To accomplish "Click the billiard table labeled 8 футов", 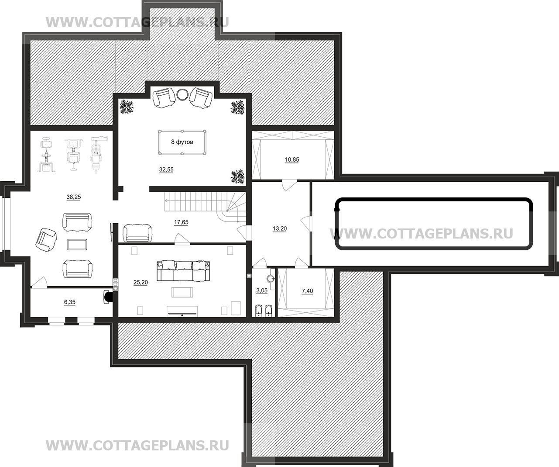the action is tap(182, 142).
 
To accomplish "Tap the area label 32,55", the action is tap(166, 170).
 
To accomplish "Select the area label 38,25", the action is tap(74, 197).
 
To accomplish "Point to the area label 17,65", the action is tap(181, 222).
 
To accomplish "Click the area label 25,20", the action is tap(141, 282).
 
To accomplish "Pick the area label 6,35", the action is tap(70, 302).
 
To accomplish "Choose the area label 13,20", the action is tap(280, 228).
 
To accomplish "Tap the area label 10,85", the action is tap(292, 160).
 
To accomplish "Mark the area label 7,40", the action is tap(307, 291).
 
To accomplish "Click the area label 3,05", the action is tap(262, 291).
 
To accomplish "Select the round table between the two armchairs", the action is tap(182, 94).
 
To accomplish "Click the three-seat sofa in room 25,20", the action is tap(183, 270).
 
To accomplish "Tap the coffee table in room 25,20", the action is tap(182, 292).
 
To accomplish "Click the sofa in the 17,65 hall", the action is tap(137, 233).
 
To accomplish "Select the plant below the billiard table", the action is tap(238, 177).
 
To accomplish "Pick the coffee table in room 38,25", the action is tap(77, 244).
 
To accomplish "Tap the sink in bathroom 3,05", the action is tap(272, 279).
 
